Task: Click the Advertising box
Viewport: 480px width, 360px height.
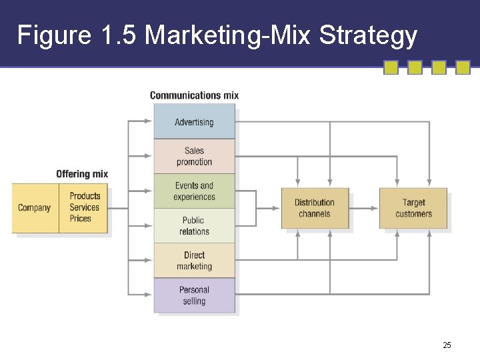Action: tap(194, 122)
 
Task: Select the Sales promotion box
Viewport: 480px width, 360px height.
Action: tap(194, 156)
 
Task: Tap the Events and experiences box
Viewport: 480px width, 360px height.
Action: tap(194, 191)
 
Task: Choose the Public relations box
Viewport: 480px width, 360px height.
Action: tap(194, 226)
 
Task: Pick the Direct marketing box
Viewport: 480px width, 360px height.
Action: tap(194, 261)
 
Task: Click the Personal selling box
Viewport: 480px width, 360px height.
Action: tap(194, 295)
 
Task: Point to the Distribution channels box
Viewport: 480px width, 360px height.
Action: tap(315, 208)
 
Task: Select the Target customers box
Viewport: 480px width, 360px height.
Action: tap(413, 208)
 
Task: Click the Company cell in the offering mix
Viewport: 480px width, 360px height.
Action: tap(35, 208)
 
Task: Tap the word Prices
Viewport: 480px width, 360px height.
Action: tap(81, 219)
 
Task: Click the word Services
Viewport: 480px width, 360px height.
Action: tap(84, 207)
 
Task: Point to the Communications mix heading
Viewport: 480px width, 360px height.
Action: tap(194, 95)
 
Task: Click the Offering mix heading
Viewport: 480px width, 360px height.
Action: tap(82, 174)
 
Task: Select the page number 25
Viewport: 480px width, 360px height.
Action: tap(447, 345)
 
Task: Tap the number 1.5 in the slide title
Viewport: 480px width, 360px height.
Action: tap(120, 35)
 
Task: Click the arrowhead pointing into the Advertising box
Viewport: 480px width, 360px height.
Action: tap(149, 121)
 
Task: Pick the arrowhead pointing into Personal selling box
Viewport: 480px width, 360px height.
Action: tap(149, 295)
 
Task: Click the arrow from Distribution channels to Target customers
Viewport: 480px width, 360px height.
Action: tap(363, 208)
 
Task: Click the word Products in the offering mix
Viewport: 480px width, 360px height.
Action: tap(85, 196)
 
